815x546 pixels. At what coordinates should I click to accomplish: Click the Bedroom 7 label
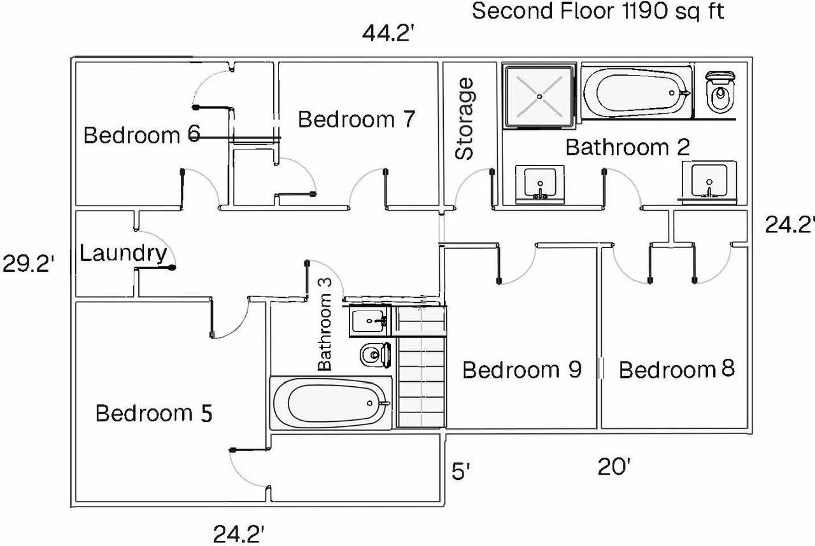click(x=357, y=119)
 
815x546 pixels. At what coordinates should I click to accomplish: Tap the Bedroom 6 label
click(x=142, y=135)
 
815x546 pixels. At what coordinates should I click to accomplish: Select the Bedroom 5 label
click(x=153, y=413)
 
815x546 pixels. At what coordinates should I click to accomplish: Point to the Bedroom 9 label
click(x=522, y=370)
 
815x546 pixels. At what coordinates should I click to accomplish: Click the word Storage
click(x=464, y=118)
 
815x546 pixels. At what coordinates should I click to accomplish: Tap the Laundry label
click(x=123, y=254)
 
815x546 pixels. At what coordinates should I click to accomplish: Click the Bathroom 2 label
click(x=628, y=147)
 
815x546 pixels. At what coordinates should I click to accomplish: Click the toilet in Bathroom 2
click(x=720, y=92)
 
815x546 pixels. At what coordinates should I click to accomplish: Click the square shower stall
click(x=539, y=96)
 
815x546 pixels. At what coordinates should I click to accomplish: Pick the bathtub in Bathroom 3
click(x=330, y=403)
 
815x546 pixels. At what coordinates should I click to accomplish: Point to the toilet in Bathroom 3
click(x=376, y=355)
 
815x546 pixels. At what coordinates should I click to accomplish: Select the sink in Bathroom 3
click(x=370, y=321)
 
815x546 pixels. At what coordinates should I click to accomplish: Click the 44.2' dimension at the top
click(x=388, y=32)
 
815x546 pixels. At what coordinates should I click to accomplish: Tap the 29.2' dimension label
click(x=29, y=263)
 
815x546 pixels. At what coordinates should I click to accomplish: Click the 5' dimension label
click(x=460, y=471)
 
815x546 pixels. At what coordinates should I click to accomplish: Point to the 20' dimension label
click(x=614, y=466)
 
